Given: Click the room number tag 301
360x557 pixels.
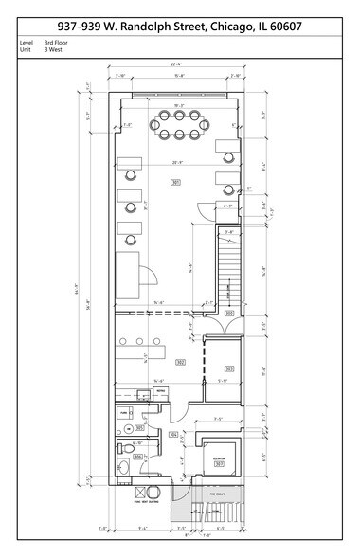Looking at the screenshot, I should click(x=175, y=182).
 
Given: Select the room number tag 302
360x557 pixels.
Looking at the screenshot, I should click(x=179, y=362).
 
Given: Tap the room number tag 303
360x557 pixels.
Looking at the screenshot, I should click(x=229, y=368).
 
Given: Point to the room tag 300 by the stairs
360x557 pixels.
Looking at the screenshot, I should click(x=229, y=313).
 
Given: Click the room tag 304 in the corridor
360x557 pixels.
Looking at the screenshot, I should click(x=173, y=435).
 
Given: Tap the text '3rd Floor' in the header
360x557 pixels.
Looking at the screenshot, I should click(x=57, y=43).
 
